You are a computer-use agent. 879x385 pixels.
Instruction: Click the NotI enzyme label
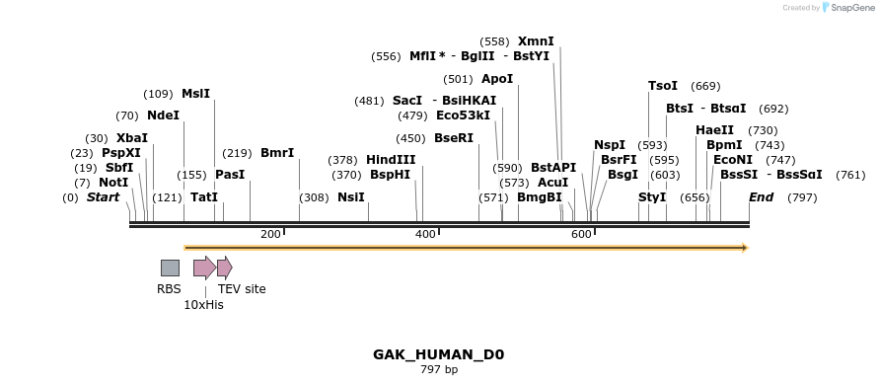tap(113, 183)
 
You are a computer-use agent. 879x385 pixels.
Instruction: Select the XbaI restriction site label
tap(131, 138)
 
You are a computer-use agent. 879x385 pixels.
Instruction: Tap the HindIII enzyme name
tap(391, 160)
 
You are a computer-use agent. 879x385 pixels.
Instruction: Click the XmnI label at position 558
tap(536, 41)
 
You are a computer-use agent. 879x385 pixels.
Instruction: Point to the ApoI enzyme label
tap(497, 79)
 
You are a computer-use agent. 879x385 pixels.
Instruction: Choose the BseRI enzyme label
tap(454, 138)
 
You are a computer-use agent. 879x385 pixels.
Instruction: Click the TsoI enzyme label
tap(662, 86)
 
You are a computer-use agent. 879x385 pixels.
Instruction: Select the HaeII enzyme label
tap(714, 130)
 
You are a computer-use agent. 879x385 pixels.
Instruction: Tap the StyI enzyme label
tap(652, 197)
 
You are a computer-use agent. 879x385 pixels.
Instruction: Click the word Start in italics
tap(103, 197)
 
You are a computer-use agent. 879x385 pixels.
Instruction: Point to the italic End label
tap(761, 197)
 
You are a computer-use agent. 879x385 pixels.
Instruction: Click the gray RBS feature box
tap(170, 268)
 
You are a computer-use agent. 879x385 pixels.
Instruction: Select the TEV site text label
tap(242, 289)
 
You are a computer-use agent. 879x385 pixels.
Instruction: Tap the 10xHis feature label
tap(203, 305)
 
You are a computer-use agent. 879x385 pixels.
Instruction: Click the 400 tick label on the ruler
tap(425, 234)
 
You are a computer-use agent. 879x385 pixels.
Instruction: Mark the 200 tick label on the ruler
tap(270, 234)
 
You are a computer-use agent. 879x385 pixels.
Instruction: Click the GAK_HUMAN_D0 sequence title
tap(438, 354)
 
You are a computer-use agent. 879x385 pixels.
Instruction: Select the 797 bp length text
tap(438, 370)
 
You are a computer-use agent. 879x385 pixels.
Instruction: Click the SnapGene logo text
tap(853, 8)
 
